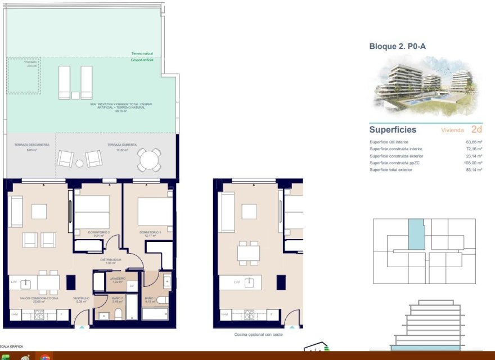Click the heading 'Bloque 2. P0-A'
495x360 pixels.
click(397, 47)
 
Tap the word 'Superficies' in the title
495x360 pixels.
click(393, 129)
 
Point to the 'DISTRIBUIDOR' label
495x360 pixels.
click(111, 260)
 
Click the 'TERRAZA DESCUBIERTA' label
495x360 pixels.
click(32, 145)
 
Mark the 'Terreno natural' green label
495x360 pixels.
click(142, 54)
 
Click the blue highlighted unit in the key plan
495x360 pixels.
click(415, 234)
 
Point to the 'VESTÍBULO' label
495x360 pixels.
click(82, 299)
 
